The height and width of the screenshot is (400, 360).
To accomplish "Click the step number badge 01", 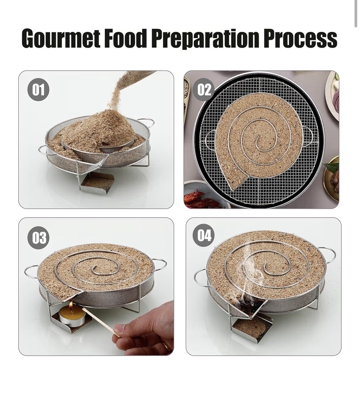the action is (38, 89).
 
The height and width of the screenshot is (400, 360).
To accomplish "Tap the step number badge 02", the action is (204, 89).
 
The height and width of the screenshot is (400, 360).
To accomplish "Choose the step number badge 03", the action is (38, 237).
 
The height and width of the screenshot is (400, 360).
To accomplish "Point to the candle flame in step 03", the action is (71, 306).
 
